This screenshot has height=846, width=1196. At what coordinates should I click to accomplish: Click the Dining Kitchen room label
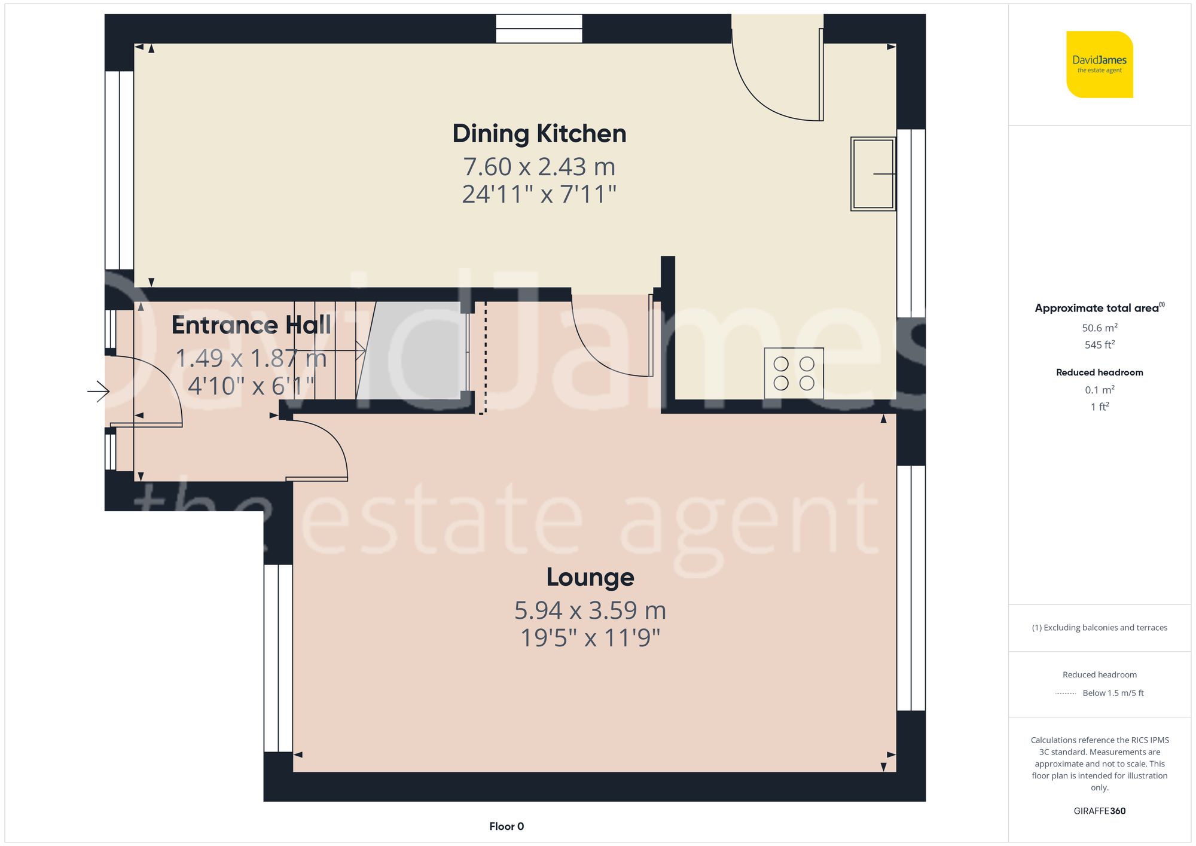(539, 134)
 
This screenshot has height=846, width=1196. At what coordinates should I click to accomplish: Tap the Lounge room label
(590, 578)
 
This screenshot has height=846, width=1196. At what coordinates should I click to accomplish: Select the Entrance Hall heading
(251, 325)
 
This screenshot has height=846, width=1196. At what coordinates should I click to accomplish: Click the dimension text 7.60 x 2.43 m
(539, 167)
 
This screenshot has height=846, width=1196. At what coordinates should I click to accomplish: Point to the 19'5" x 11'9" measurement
(590, 638)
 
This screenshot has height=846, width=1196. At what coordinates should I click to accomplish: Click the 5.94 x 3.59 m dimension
(590, 610)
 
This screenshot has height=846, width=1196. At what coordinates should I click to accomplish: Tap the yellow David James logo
(1099, 65)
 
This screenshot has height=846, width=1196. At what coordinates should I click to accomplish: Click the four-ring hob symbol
(794, 373)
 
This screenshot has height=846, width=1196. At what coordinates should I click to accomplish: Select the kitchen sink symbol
(872, 174)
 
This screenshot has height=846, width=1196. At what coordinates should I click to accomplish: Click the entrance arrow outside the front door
(99, 392)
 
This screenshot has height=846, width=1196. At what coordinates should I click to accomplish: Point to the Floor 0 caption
(507, 826)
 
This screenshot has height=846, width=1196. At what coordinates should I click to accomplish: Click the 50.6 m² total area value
(1099, 328)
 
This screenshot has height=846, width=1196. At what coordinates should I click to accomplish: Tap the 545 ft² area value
(1099, 345)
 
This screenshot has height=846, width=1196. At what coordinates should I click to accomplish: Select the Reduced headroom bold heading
(1099, 372)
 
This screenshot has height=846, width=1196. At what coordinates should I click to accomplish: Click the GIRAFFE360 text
(1099, 811)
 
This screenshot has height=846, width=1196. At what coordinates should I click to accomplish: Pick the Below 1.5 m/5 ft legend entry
(1112, 694)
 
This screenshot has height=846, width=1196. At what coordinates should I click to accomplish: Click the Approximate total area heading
(1098, 308)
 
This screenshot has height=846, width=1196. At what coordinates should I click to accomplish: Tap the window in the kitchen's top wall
(539, 29)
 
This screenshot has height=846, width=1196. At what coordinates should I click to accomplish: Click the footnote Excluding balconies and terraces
(1099, 628)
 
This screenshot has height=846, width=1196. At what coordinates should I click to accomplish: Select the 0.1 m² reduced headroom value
(1099, 390)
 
